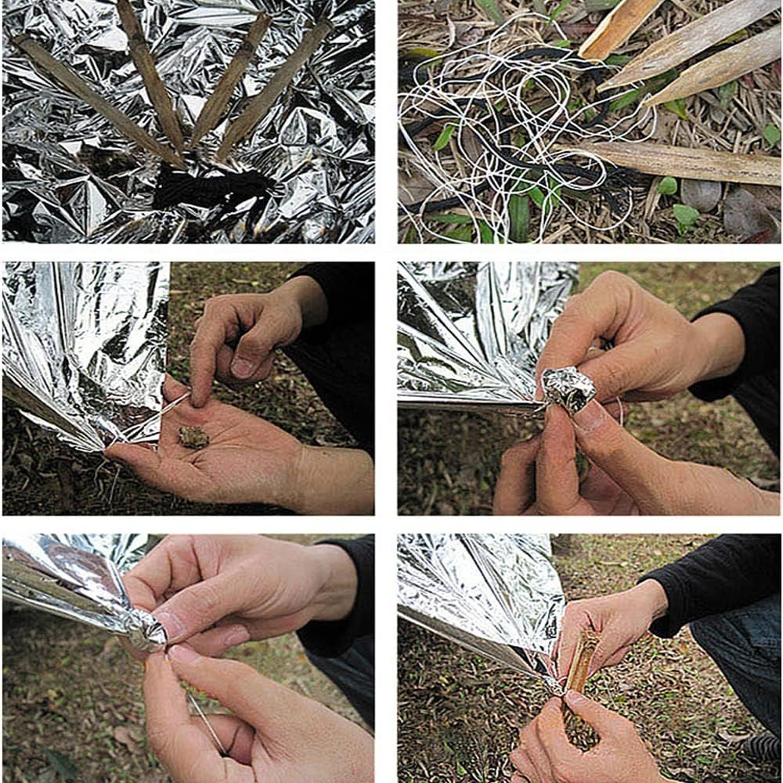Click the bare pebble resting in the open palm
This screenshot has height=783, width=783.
click(193, 437)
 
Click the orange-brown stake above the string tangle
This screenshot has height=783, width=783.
click(619, 27)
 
